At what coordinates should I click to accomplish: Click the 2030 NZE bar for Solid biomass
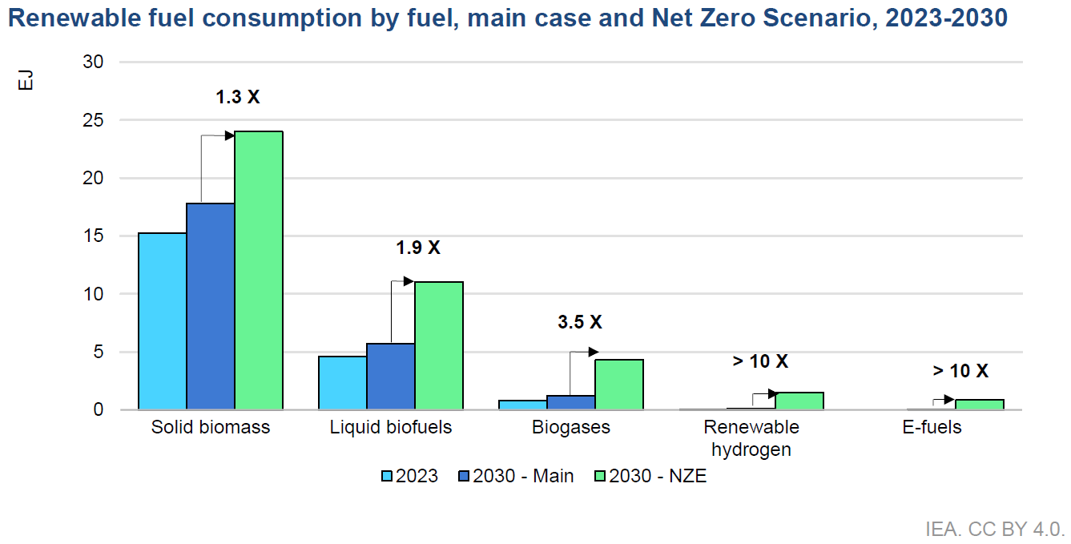(x=259, y=270)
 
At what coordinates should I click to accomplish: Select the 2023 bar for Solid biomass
(x=162, y=321)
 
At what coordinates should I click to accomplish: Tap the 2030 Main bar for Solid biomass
(x=211, y=306)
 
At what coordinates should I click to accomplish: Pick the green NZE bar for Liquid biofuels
(x=439, y=345)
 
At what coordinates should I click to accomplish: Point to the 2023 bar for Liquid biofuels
(x=342, y=383)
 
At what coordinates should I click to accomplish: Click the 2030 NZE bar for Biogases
(x=619, y=385)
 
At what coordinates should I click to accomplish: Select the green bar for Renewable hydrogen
(x=799, y=401)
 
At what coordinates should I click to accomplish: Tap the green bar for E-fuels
(x=980, y=405)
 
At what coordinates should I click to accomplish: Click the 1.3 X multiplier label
(x=238, y=97)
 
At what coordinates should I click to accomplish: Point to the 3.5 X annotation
(x=579, y=322)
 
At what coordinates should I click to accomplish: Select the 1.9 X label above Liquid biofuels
(x=418, y=248)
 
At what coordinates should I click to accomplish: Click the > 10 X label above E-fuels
(x=960, y=371)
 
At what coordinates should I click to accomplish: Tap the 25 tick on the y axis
(x=93, y=120)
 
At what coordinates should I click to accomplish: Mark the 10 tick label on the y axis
(x=93, y=294)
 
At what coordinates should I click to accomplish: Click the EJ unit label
(x=26, y=80)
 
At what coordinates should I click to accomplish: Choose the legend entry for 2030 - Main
(x=516, y=476)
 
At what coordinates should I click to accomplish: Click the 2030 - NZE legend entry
(x=650, y=476)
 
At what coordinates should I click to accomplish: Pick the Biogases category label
(x=571, y=427)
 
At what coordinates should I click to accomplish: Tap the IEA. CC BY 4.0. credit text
(x=995, y=530)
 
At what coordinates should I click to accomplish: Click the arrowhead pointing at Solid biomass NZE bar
(x=229, y=135)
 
